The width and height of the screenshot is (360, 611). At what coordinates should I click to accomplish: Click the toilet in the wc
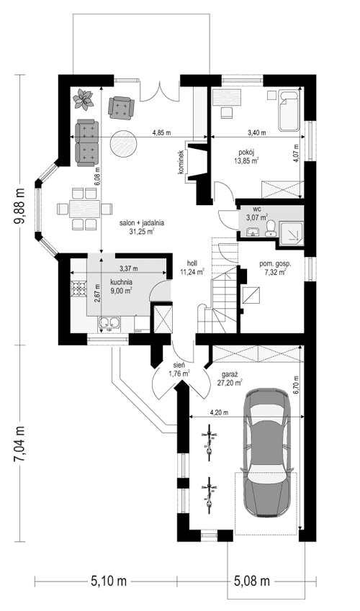pos(271,227)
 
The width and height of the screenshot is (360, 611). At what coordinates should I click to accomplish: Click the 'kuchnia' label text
pos(120,283)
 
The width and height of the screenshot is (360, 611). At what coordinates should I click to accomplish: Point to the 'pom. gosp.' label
pos(276,264)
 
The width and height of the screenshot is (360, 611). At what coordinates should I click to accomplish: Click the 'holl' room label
pos(192,263)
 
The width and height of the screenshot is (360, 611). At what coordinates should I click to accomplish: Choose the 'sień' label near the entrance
pos(177,365)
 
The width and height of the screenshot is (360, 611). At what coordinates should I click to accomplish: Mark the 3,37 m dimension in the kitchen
pos(128,268)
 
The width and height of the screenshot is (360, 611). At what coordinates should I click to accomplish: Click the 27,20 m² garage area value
pos(230,384)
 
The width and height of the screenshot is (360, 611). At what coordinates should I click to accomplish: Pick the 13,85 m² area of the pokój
pos(249,161)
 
